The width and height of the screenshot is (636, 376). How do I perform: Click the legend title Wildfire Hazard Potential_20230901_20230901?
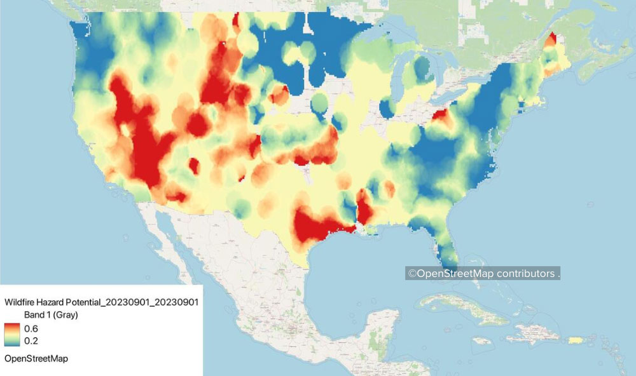(102, 302)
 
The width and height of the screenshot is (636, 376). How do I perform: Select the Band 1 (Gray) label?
(51, 315)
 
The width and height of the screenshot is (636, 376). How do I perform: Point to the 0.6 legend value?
(31, 328)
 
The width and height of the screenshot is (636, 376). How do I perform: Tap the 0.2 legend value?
(31, 340)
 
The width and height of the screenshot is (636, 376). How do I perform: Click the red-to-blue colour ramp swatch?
(12, 334)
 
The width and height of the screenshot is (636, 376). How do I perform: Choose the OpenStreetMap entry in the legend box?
(36, 359)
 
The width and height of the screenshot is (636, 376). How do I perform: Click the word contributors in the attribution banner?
(525, 274)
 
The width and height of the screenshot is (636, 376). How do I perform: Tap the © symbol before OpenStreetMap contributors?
(411, 274)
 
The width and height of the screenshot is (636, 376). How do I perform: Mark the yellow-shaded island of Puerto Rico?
(576, 340)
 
